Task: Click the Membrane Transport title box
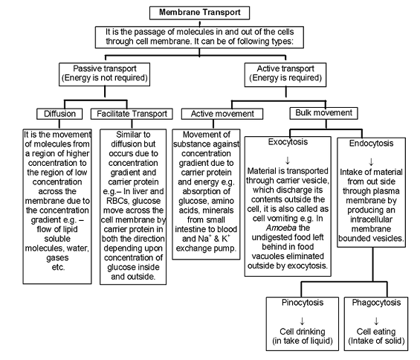pos(199,13)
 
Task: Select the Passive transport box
pos(105,74)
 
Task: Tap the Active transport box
pos(285,74)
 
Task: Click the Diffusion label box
pos(59,114)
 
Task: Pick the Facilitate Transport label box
pos(132,114)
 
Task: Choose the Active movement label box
pos(222,114)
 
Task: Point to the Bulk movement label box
pos(323,113)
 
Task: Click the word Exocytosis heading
pos(288,142)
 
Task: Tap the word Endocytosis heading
pos(371,144)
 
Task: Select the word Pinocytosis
pos(303,303)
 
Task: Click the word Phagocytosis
pos(376,303)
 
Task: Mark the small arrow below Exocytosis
pos(288,161)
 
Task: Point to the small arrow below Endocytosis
pos(371,161)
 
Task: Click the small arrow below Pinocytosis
pos(302,321)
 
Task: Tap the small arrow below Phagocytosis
pos(376,321)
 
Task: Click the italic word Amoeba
pos(281,228)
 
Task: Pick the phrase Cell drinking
pos(303,332)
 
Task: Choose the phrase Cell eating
pos(376,332)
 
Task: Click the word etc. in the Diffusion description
pos(58,267)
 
